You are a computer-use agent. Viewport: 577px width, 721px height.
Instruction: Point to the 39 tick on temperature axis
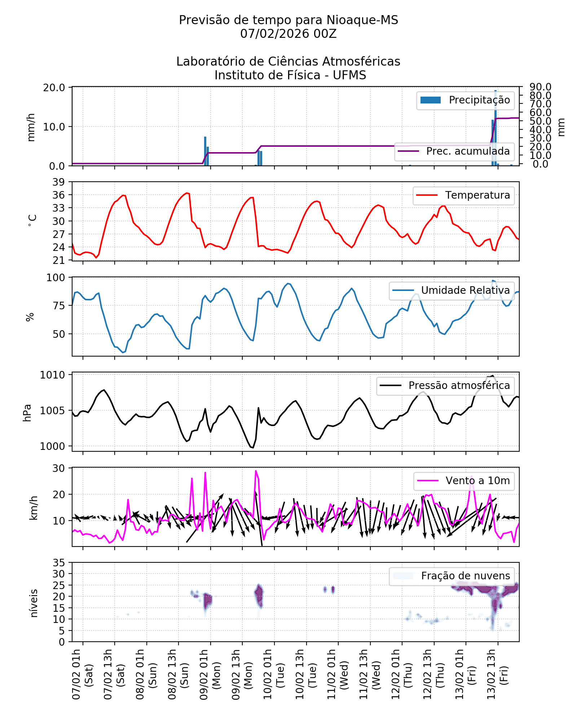point(59,182)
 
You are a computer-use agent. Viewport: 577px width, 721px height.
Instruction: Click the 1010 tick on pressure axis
point(53,375)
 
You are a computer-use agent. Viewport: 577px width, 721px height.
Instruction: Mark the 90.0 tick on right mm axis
point(540,87)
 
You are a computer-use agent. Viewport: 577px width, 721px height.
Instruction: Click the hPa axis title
point(27,413)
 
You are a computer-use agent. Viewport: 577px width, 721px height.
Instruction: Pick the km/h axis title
point(33,508)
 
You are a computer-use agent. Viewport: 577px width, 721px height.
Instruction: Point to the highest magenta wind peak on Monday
point(256,471)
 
